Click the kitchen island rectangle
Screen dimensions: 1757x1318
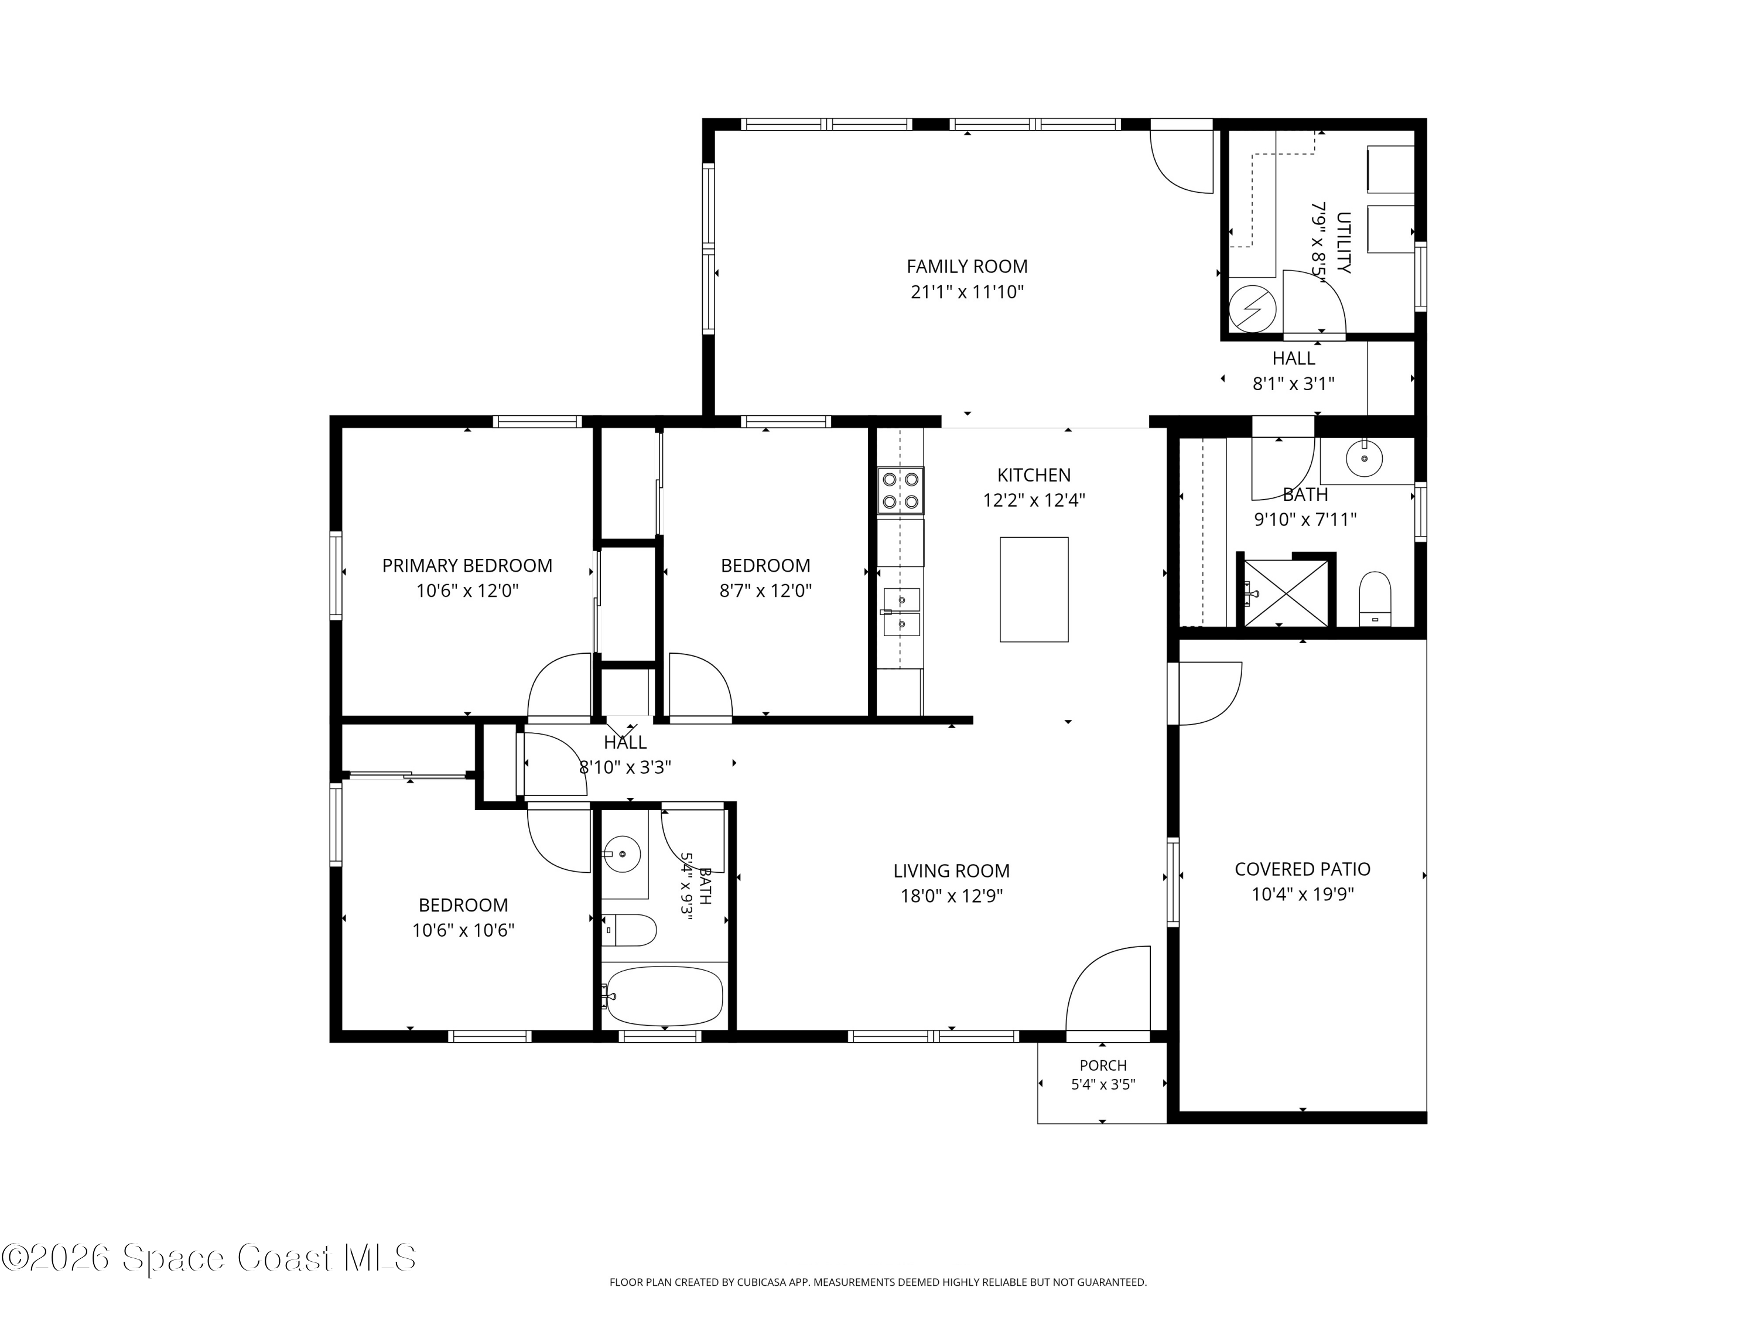click(x=1033, y=589)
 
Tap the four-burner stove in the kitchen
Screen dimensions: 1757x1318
click(x=901, y=490)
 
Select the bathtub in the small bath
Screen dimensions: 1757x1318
click(x=663, y=995)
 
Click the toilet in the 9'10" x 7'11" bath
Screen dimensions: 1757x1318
click(x=1375, y=598)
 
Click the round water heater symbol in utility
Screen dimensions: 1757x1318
click(x=1253, y=308)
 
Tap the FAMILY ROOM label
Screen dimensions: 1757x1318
click(x=967, y=266)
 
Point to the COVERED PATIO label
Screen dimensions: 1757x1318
click(x=1303, y=869)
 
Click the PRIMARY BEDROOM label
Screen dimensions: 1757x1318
click(x=467, y=566)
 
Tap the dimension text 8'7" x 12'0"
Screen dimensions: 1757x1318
click(x=765, y=591)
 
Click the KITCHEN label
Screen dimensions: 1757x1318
click(x=1033, y=475)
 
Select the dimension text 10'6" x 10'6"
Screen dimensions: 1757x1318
click(x=463, y=930)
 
